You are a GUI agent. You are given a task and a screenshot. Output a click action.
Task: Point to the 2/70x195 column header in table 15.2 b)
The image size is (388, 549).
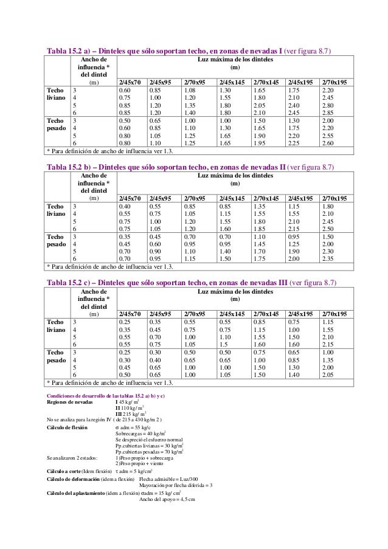click(334, 198)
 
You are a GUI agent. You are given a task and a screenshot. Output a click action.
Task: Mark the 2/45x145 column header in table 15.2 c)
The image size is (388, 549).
click(231, 314)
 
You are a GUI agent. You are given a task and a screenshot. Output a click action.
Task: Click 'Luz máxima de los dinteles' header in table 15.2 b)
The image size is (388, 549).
click(234, 176)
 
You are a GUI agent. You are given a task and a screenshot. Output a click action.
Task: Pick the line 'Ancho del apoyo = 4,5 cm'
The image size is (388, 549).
click(167, 499)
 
